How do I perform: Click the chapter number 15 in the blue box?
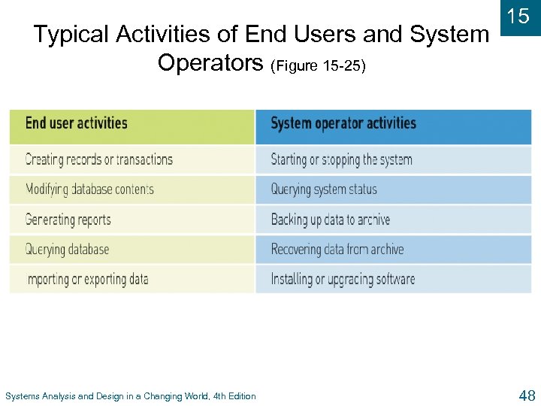[518, 17]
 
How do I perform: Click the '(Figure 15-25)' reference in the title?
[319, 65]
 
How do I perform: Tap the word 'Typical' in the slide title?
[70, 35]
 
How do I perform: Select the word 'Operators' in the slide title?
[210, 63]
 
